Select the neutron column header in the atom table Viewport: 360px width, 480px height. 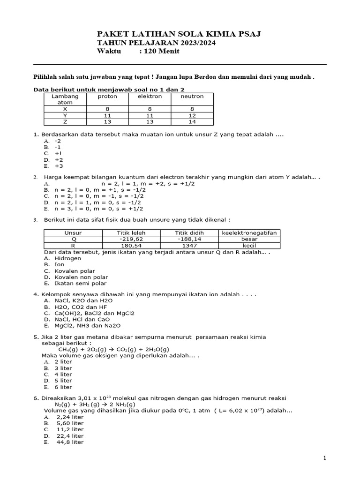[192, 96]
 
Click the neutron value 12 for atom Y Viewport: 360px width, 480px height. [192, 115]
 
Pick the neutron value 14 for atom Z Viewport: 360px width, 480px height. [192, 121]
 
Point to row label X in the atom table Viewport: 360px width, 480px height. [65, 108]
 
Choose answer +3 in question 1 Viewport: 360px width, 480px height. [59, 166]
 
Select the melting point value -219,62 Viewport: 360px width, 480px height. [131, 239]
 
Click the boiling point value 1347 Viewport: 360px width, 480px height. [189, 245]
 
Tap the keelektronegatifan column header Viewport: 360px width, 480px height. [249, 232]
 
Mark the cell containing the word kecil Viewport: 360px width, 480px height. [249, 245]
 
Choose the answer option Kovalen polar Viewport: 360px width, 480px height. [75, 271]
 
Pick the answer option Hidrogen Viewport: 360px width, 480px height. [68, 258]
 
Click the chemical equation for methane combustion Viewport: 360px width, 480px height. [113, 349]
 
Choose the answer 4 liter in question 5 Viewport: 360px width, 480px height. [63, 375]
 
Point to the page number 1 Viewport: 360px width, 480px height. [324, 458]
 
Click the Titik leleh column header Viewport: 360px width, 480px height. [131, 232]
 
